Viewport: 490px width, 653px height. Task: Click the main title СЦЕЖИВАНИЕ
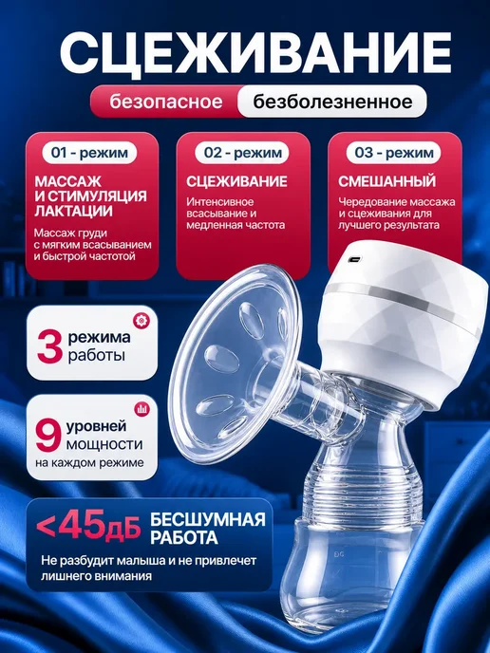pyautogui.click(x=255, y=52)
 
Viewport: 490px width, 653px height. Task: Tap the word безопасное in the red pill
pyautogui.click(x=166, y=103)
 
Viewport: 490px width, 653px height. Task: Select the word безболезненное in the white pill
pyautogui.click(x=332, y=102)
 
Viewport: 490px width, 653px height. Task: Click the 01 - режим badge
pyautogui.click(x=89, y=153)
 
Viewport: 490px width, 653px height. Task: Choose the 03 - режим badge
pyautogui.click(x=394, y=153)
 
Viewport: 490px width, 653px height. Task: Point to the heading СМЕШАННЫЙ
pyautogui.click(x=386, y=181)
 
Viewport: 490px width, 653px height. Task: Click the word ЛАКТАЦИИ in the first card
pyautogui.click(x=73, y=211)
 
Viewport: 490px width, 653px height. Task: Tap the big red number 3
pyautogui.click(x=49, y=345)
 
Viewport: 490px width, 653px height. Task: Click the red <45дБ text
pyautogui.click(x=88, y=527)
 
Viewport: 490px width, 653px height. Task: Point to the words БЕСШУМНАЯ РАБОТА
pyautogui.click(x=208, y=529)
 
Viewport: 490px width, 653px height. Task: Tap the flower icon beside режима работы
pyautogui.click(x=141, y=321)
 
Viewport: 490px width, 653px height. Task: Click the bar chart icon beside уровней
pyautogui.click(x=142, y=409)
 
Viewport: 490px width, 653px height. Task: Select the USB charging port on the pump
pyautogui.click(x=354, y=259)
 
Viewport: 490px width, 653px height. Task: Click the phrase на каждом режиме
pyautogui.click(x=89, y=463)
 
